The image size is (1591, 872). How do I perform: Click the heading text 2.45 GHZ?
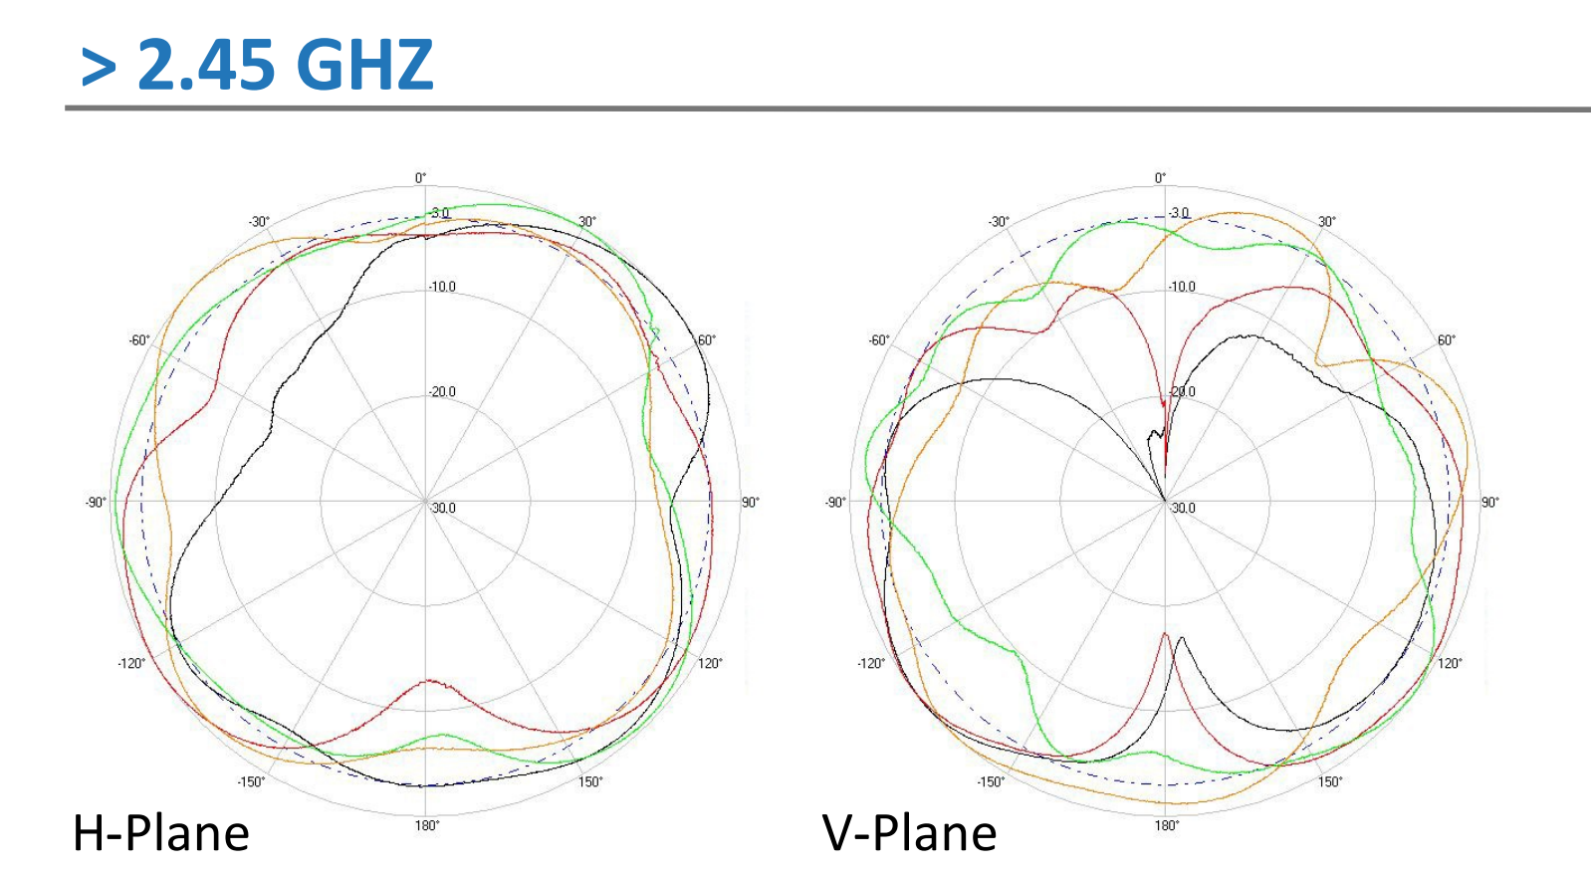(x=285, y=65)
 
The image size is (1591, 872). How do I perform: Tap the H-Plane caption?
(x=160, y=833)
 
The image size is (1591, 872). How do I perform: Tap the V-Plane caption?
(x=909, y=833)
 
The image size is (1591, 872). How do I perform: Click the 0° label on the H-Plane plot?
(x=421, y=178)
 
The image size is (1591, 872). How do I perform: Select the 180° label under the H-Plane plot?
(x=426, y=825)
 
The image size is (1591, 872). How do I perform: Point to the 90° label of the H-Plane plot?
(x=750, y=503)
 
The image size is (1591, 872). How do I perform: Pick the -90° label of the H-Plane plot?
(x=96, y=503)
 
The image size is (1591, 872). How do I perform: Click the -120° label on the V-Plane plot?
(x=871, y=663)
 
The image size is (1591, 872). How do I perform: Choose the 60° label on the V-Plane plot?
(x=1446, y=340)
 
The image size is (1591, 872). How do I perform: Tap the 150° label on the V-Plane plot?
(x=1330, y=781)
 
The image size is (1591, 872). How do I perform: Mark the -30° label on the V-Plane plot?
(x=999, y=221)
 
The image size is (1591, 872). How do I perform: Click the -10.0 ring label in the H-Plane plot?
(x=442, y=287)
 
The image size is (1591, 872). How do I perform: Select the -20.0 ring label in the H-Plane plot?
(x=442, y=392)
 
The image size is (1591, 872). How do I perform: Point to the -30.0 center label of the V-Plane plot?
(x=1182, y=508)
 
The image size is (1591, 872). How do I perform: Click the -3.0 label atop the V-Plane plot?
(x=1179, y=213)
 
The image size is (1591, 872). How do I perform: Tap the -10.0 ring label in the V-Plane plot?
(x=1182, y=287)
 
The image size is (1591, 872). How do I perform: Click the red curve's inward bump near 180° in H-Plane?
(x=429, y=682)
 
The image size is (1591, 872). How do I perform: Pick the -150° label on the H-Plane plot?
(x=251, y=781)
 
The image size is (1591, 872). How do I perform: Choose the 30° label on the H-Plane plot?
(x=587, y=222)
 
